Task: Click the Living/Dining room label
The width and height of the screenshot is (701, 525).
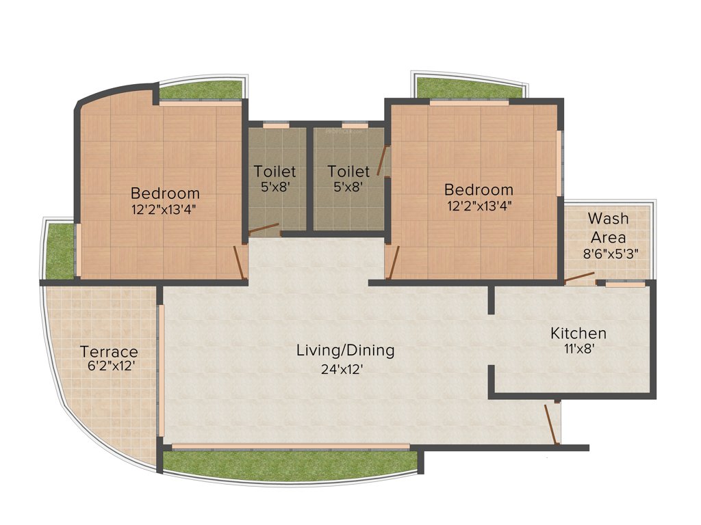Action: click(345, 351)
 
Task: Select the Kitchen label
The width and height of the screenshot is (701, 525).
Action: click(578, 334)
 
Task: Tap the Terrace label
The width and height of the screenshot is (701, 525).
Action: click(109, 352)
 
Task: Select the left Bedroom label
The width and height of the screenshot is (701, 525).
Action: click(165, 193)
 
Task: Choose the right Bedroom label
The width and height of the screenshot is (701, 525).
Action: click(478, 189)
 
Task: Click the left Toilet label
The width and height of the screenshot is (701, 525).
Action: click(275, 171)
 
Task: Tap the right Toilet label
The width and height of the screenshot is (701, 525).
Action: click(348, 171)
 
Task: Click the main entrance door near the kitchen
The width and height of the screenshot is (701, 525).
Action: click(552, 424)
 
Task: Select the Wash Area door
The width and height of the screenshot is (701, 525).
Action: click(579, 278)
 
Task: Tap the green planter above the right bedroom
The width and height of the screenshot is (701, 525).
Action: click(469, 88)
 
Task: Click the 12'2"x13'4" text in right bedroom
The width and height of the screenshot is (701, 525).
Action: click(478, 204)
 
